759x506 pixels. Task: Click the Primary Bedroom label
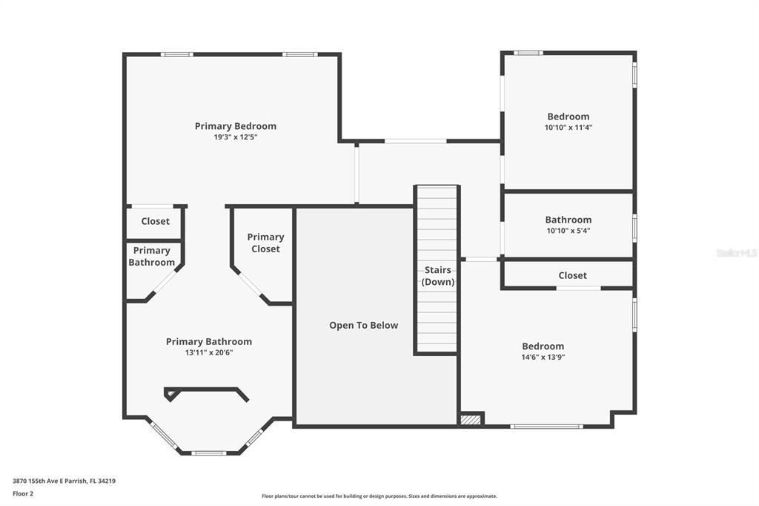(x=235, y=126)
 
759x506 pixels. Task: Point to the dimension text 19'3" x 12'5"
(x=235, y=137)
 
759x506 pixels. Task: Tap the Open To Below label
(x=363, y=325)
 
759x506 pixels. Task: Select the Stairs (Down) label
(x=437, y=276)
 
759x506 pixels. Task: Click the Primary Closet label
(x=265, y=243)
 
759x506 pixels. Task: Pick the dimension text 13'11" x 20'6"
(x=208, y=352)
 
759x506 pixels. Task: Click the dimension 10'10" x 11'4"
(x=569, y=128)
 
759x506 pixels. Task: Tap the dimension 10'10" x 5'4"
(x=569, y=231)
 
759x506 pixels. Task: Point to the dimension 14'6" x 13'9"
(x=543, y=357)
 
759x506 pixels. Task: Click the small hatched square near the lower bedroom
(x=471, y=419)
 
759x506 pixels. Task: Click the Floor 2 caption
(x=23, y=494)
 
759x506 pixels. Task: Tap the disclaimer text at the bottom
(x=379, y=496)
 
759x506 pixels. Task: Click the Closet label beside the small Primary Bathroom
(x=156, y=221)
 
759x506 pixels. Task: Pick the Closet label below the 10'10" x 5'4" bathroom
(x=572, y=275)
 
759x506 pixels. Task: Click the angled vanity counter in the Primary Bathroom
(x=206, y=392)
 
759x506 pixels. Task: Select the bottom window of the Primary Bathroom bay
(x=208, y=453)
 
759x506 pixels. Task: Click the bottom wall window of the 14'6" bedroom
(x=546, y=427)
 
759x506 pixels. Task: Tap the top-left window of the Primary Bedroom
(x=176, y=54)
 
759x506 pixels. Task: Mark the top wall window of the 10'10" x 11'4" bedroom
(x=528, y=53)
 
